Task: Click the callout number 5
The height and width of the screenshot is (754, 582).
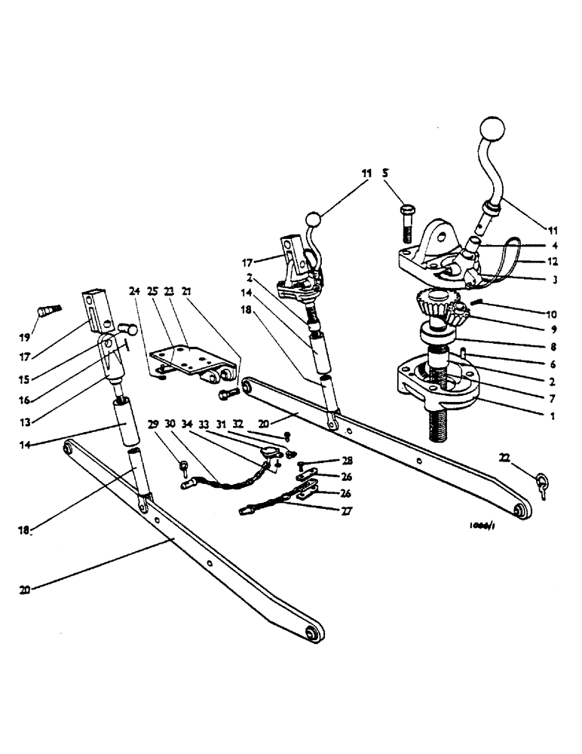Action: coord(386,173)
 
